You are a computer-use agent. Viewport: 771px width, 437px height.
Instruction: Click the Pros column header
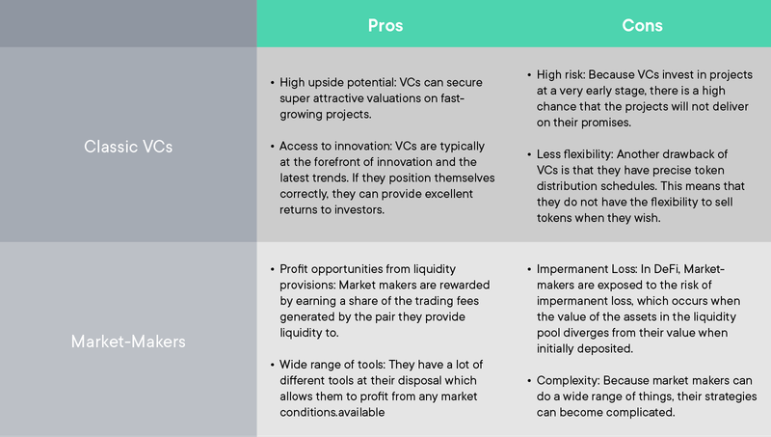(385, 26)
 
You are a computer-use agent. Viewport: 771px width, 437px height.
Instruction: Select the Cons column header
(642, 26)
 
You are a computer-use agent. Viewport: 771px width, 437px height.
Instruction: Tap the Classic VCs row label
(128, 147)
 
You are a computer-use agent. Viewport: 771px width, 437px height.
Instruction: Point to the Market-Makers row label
(128, 341)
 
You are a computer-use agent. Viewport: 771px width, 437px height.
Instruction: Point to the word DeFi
(667, 269)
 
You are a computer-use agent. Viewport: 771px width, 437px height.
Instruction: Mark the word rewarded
(465, 285)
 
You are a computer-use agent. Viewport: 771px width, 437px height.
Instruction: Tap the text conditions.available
(332, 412)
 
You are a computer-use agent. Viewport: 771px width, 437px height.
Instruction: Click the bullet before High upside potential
(273, 83)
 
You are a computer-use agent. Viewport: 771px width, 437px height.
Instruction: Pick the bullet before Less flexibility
(529, 154)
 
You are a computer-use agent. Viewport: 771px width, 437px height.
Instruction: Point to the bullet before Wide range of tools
(273, 365)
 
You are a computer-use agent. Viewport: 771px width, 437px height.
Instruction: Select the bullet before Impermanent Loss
(529, 269)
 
